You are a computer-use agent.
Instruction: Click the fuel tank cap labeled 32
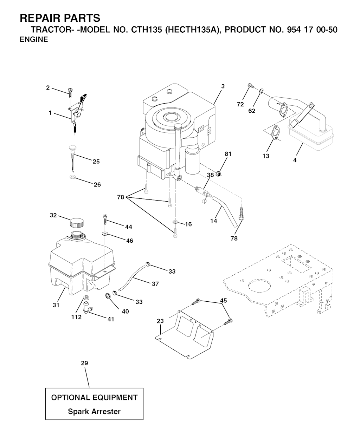pos(77,222)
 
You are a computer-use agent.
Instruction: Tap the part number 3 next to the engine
pos(223,86)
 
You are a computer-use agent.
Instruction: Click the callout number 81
pos(228,154)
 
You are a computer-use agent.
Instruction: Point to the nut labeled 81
pos(219,173)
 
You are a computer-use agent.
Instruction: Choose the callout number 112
pos(76,317)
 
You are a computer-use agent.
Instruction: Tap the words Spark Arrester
pos(94,411)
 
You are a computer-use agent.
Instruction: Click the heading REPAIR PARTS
pos(60,18)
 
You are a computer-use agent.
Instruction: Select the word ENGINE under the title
pos(34,39)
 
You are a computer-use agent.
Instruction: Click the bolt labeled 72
pos(250,85)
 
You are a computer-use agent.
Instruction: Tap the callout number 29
pos(84,363)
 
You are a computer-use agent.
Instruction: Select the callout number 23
pos(160,321)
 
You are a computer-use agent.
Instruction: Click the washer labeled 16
pos(175,222)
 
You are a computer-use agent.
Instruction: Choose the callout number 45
pos(223,300)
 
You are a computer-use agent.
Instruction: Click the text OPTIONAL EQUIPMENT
pos(94,398)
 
